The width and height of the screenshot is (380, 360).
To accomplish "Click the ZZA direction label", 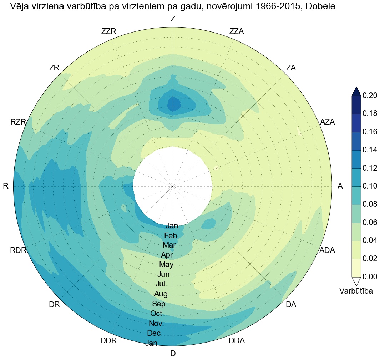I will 237,31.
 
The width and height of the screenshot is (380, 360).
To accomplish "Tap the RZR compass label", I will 18,122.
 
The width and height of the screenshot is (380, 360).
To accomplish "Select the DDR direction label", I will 108,341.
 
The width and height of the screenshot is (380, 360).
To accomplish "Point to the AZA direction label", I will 328,122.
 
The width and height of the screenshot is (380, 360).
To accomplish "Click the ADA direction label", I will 327,250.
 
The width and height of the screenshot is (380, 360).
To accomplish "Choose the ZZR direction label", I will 109,31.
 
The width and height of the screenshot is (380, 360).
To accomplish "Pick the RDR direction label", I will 18,250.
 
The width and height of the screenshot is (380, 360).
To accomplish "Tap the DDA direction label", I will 237,341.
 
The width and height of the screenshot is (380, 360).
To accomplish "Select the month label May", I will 166,265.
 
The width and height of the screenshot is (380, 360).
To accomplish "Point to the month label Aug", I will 161,294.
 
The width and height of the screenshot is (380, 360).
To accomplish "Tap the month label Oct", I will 156,314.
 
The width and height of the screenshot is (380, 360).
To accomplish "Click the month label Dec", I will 154,333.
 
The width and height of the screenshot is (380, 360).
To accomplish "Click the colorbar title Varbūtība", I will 356,291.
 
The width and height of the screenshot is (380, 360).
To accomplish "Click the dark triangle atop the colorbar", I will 356,91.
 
